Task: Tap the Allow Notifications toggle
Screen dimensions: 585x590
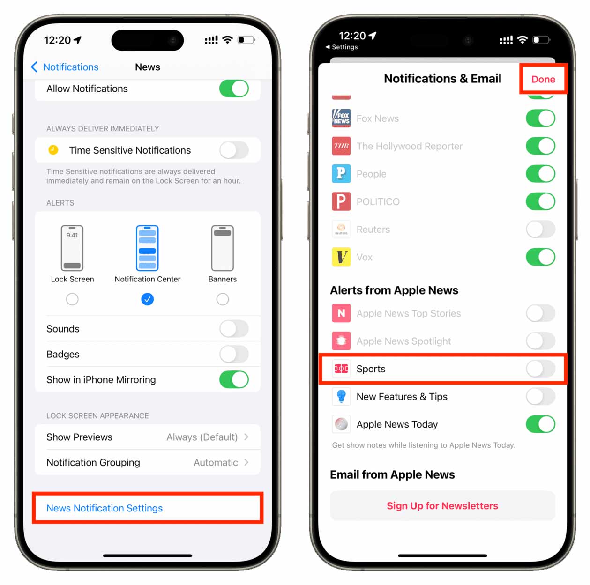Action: (x=233, y=89)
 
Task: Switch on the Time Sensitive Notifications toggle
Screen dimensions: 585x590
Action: (x=233, y=150)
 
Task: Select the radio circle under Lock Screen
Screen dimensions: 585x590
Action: (x=72, y=299)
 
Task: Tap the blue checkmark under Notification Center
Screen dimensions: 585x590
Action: (x=147, y=299)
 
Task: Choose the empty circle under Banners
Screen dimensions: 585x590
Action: (x=223, y=299)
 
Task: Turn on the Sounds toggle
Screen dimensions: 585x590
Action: (x=233, y=329)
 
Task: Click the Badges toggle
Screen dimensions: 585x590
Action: (x=233, y=354)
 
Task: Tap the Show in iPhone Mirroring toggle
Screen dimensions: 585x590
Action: (x=233, y=379)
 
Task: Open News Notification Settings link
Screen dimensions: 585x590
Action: (x=105, y=508)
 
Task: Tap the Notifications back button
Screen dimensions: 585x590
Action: (x=65, y=67)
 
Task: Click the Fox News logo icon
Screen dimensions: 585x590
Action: (x=341, y=118)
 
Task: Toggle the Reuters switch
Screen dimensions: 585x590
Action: (x=540, y=230)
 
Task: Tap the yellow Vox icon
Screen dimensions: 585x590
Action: (x=341, y=257)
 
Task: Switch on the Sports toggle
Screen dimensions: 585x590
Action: (x=540, y=369)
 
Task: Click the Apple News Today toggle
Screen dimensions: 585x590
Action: (x=540, y=424)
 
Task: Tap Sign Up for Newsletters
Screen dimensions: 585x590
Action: (x=442, y=506)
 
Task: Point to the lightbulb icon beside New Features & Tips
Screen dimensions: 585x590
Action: (x=341, y=397)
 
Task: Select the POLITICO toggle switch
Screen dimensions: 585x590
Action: (x=540, y=202)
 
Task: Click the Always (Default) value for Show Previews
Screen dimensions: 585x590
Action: (x=202, y=437)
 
